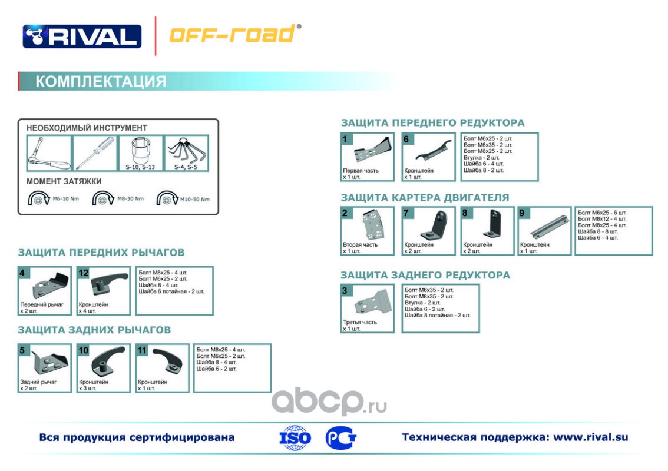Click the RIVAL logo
(x=82, y=37)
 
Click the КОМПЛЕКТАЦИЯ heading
(x=101, y=81)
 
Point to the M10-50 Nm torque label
(x=196, y=199)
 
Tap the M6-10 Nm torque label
(x=65, y=198)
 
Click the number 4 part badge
(x=22, y=273)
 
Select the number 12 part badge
(x=84, y=273)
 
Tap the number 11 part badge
(x=142, y=350)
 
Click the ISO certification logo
(x=295, y=438)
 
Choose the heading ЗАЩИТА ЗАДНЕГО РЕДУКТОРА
(x=425, y=275)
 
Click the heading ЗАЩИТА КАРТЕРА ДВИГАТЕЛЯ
(x=425, y=198)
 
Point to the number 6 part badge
(x=406, y=139)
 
